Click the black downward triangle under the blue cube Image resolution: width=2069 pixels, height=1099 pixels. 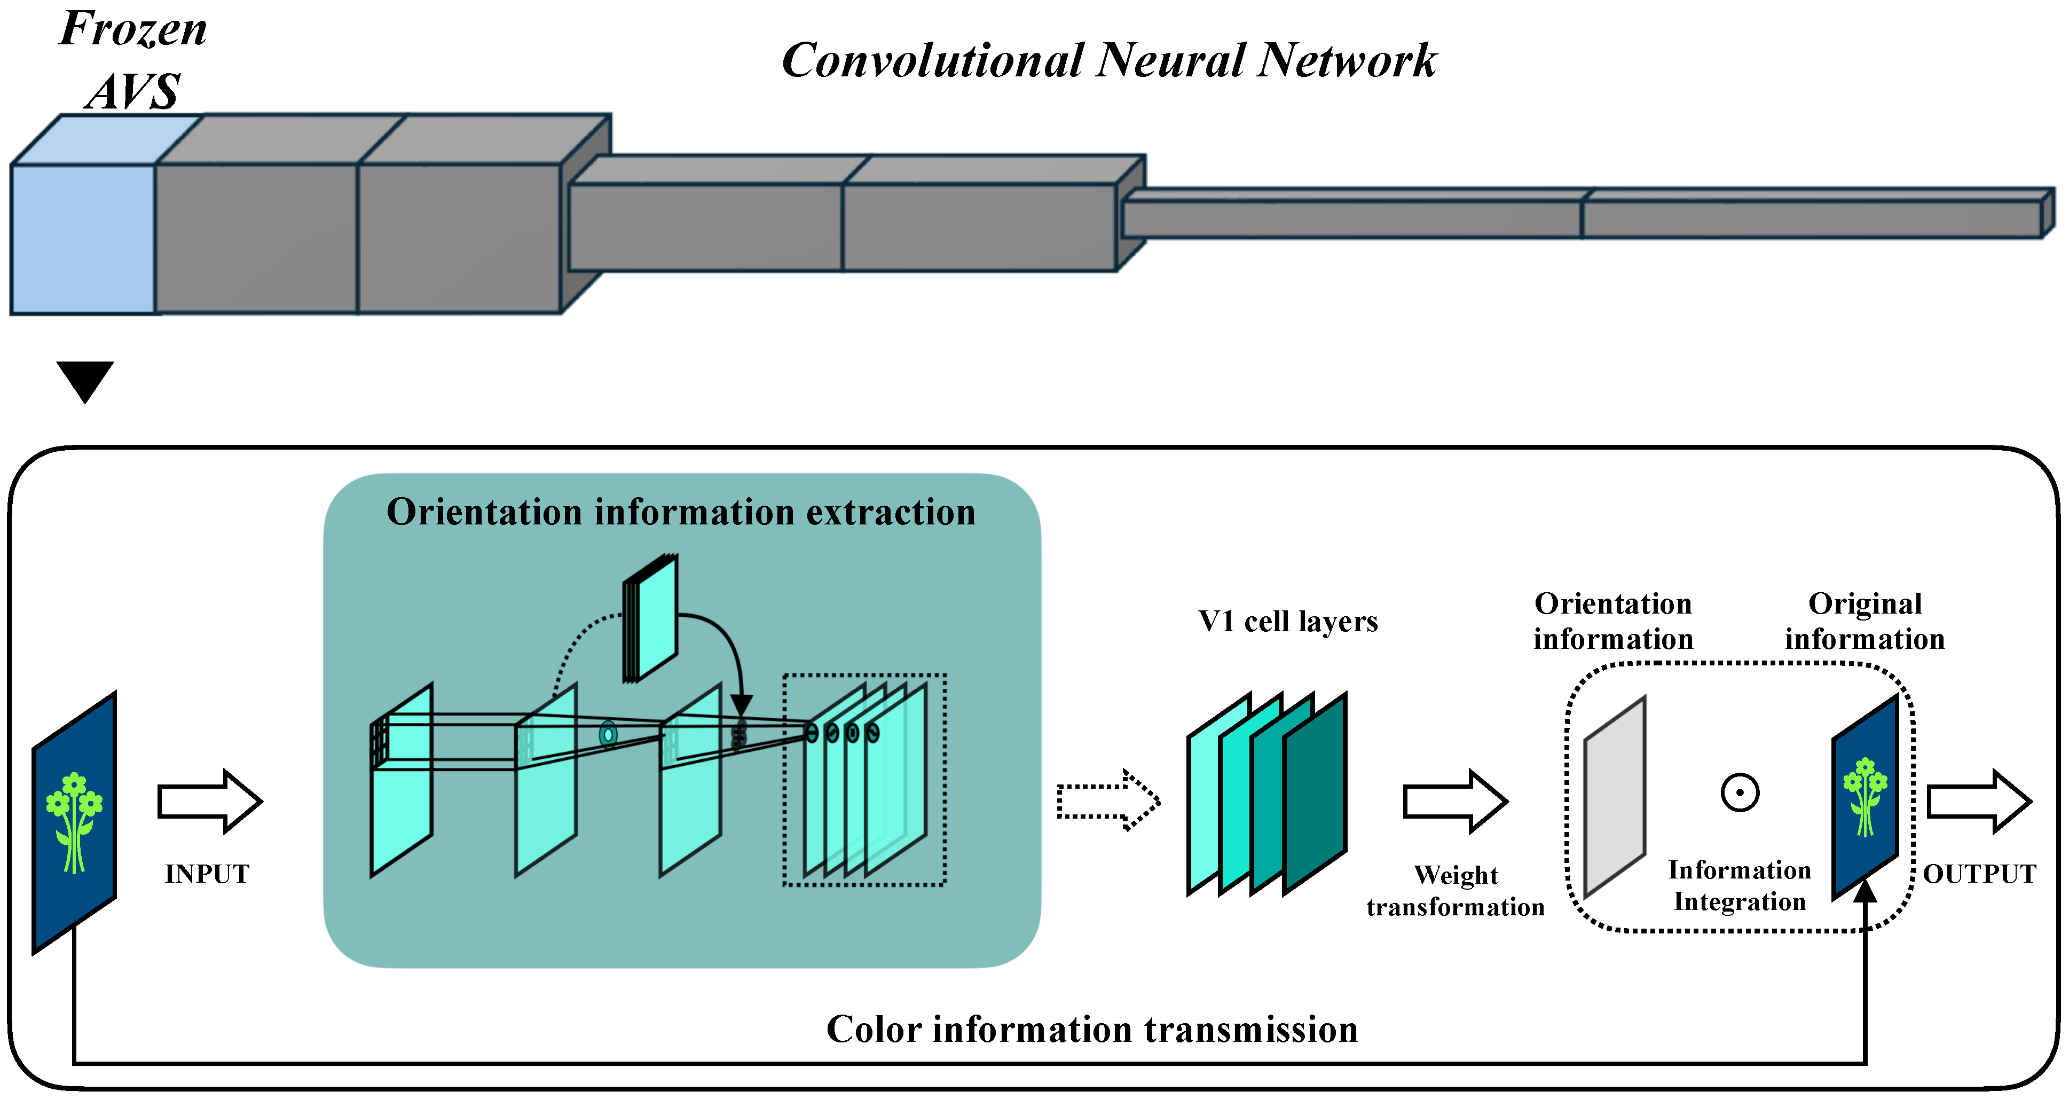coord(84,379)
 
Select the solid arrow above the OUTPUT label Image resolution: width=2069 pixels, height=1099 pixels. coord(1978,801)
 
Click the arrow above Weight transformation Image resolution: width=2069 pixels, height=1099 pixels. coord(1454,801)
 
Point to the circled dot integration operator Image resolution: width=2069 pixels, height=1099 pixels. coord(1740,793)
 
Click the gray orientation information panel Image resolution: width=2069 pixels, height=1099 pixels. coord(1615,797)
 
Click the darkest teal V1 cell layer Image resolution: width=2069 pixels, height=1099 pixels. coord(1315,794)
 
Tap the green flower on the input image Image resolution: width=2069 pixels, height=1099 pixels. coord(74,819)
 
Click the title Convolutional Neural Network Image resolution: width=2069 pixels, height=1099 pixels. coord(1108,60)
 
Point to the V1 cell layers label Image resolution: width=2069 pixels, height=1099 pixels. coord(1287,621)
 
